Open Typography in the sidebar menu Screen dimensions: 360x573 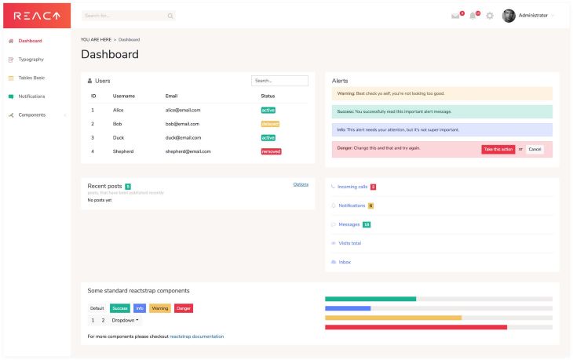31,59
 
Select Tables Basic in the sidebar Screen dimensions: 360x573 31,78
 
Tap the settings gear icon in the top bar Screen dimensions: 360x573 490,16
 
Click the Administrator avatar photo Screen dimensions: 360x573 509,16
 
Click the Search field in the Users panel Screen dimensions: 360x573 279,81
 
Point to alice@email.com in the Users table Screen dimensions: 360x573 183,111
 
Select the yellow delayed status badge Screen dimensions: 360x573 270,124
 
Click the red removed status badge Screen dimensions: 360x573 271,151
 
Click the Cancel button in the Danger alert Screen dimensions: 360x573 535,149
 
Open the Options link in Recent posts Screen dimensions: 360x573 301,184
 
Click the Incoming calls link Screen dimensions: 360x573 352,187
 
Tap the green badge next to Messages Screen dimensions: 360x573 367,224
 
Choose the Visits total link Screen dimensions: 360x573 349,243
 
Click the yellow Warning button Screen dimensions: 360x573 160,308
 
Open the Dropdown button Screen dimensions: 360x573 125,320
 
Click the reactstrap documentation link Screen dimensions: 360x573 196,336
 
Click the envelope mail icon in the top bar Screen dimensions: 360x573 455,16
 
